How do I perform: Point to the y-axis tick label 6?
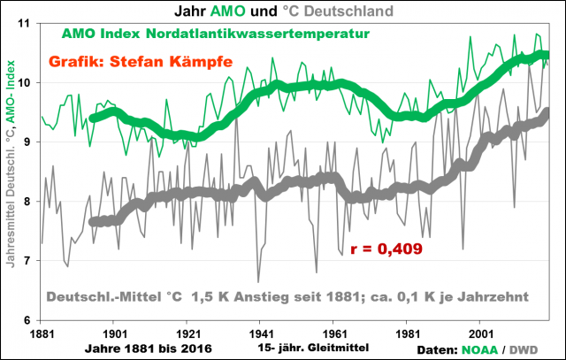27,320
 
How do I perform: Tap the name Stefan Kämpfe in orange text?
175,64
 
